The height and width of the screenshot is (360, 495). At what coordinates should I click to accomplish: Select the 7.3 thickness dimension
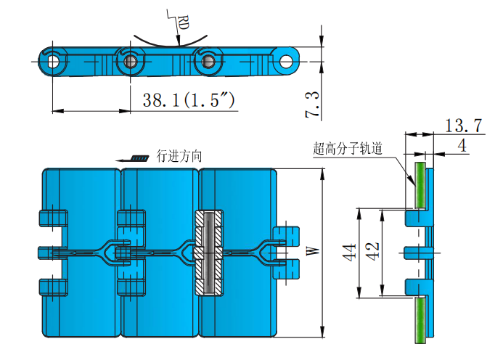click(311, 105)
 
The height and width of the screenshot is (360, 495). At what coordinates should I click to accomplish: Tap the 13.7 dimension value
click(463, 125)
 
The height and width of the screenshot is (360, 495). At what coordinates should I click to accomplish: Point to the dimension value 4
click(462, 144)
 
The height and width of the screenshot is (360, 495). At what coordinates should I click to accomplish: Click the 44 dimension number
click(350, 253)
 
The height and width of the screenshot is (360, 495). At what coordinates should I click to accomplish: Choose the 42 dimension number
click(372, 253)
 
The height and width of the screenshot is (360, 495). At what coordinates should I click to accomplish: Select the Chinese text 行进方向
click(179, 155)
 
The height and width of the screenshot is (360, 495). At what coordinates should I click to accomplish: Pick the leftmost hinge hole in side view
click(53, 61)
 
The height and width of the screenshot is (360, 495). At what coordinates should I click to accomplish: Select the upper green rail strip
click(419, 185)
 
